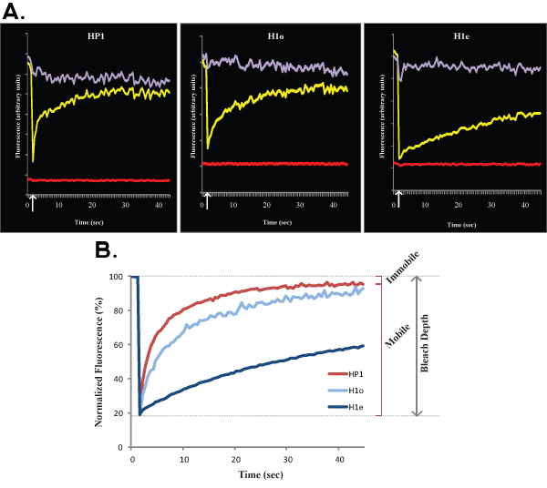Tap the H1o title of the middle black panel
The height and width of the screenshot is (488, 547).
(271, 37)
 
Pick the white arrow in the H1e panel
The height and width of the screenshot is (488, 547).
(397, 198)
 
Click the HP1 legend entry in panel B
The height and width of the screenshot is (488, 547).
(350, 374)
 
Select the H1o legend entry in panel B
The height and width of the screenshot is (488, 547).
(350, 391)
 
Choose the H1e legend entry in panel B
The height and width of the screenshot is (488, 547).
(350, 407)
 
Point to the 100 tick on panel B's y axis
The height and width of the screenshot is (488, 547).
(115, 277)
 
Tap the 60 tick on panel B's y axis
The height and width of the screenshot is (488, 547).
(118, 345)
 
